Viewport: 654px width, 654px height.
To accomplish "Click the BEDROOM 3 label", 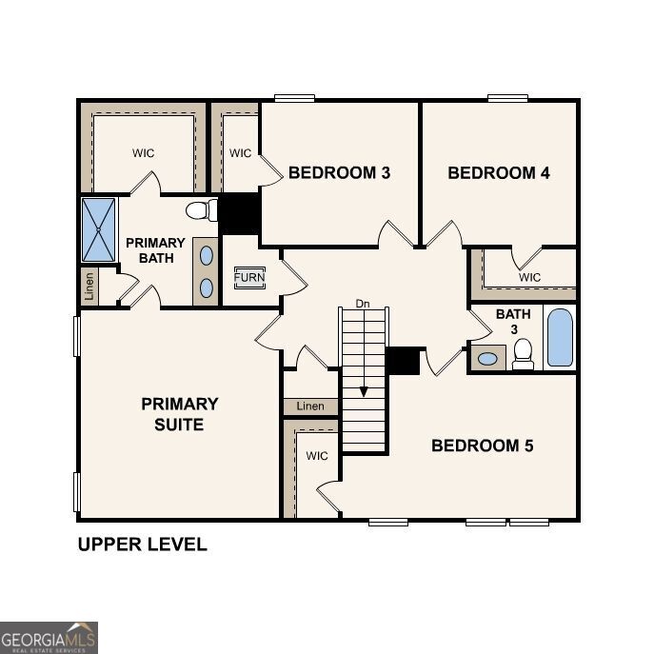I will tap(339, 172).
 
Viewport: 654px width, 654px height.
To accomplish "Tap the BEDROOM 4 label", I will tap(499, 172).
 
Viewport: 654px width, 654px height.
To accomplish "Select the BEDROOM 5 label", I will tap(483, 446).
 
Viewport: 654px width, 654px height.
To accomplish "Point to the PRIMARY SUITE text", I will tap(180, 414).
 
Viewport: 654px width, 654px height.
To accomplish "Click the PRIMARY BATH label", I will tap(155, 250).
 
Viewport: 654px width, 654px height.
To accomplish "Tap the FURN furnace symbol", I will tap(249, 277).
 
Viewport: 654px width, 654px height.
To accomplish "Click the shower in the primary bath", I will tap(98, 229).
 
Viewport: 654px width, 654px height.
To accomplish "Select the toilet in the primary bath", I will tap(200, 210).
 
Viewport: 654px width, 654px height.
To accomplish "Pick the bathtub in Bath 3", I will tap(561, 338).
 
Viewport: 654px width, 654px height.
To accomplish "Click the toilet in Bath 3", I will tap(523, 354).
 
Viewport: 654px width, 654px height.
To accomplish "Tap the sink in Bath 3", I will tap(488, 359).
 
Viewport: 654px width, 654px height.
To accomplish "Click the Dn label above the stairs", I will tap(363, 304).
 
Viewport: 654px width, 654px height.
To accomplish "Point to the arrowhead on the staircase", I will tap(363, 391).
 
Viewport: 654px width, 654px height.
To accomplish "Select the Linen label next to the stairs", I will tap(310, 406).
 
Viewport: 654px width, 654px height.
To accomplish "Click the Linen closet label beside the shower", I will tap(89, 285).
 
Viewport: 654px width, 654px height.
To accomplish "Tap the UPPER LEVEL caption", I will tap(142, 545).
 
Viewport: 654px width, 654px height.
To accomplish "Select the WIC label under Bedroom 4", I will tap(530, 277).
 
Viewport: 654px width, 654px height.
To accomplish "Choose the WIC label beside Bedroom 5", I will tap(317, 456).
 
